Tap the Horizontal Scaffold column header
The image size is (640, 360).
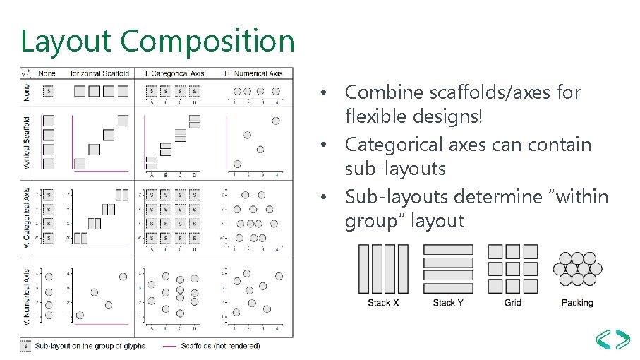(x=99, y=73)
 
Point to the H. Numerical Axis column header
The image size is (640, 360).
(x=253, y=73)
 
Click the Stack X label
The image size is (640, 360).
(x=383, y=303)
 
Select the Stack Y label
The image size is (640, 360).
(x=448, y=303)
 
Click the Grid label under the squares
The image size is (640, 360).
(x=513, y=303)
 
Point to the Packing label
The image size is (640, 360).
(x=577, y=303)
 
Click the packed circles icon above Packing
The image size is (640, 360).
(x=577, y=269)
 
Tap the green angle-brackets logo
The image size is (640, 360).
(x=612, y=340)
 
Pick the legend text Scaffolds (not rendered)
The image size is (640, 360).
(x=221, y=346)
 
